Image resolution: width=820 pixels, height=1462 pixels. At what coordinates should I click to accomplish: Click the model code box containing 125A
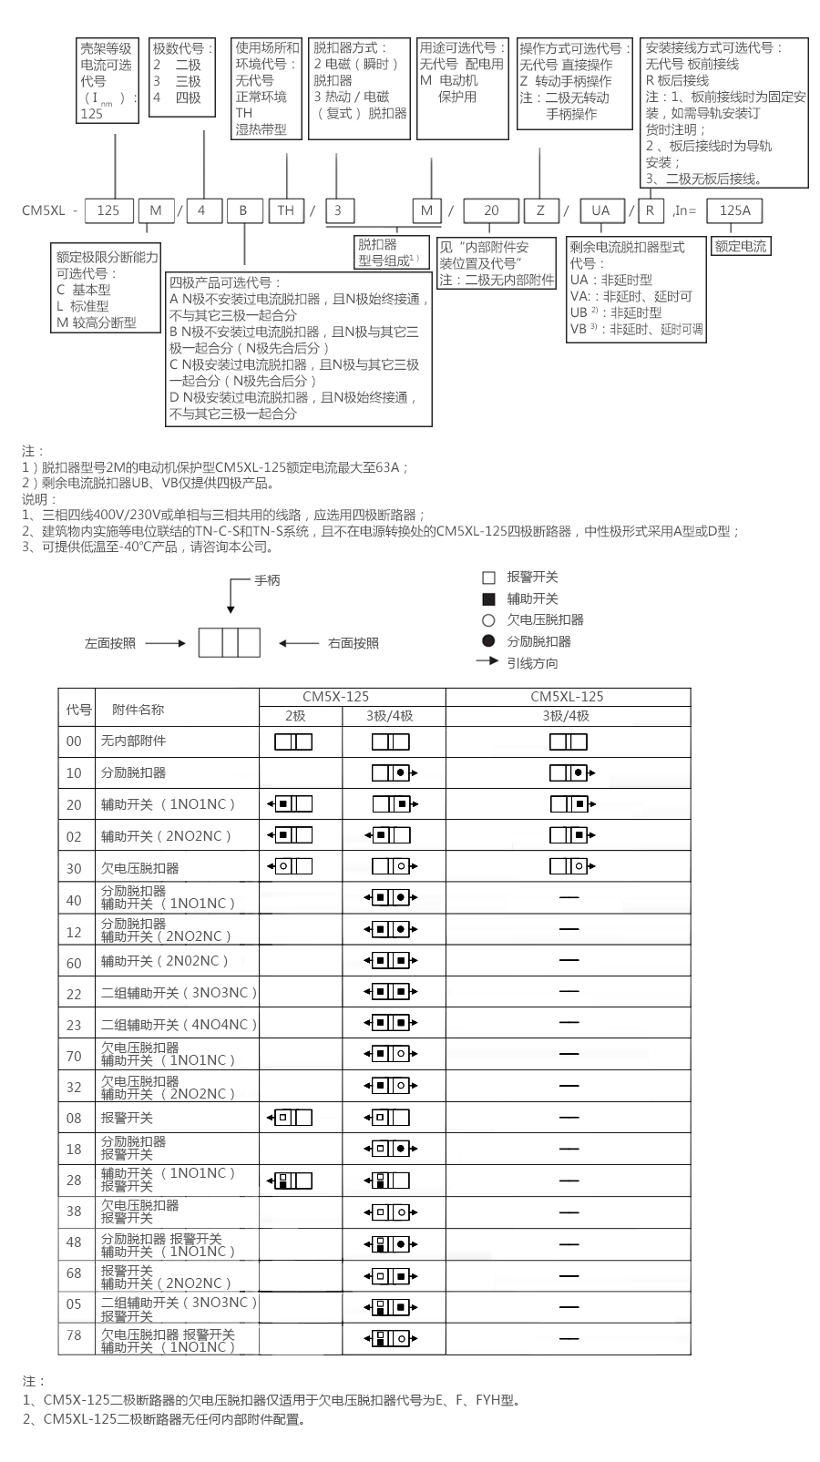(x=734, y=210)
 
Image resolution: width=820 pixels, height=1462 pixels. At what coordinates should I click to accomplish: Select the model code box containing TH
(x=286, y=210)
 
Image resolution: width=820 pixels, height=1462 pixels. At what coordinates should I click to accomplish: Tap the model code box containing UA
(x=600, y=210)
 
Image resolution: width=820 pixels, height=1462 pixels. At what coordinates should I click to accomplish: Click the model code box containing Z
(x=540, y=210)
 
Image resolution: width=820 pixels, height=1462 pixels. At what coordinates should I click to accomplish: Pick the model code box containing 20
(x=491, y=210)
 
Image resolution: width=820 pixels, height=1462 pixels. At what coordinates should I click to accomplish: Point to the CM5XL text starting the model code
(x=44, y=210)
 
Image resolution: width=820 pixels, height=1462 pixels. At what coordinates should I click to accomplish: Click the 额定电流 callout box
(x=740, y=246)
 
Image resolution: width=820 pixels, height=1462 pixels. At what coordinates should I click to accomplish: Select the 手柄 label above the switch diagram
(x=267, y=580)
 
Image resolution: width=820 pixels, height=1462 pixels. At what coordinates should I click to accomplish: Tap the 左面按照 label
(x=110, y=643)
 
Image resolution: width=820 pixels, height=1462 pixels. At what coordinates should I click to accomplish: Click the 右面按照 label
(x=353, y=643)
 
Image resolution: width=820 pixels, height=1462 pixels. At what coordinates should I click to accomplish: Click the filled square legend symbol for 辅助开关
(x=488, y=599)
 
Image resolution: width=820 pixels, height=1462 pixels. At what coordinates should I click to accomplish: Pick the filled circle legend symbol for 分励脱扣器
(x=488, y=641)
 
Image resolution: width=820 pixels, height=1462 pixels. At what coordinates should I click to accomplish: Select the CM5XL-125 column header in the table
(x=567, y=697)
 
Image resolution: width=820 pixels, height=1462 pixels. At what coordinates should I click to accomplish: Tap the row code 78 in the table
(x=74, y=1335)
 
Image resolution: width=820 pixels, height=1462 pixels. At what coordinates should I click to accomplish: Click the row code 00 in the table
(x=74, y=741)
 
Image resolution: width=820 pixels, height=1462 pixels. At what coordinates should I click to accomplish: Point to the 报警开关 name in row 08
(x=127, y=1118)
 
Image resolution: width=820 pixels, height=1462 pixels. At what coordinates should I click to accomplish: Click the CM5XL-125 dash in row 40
(x=569, y=898)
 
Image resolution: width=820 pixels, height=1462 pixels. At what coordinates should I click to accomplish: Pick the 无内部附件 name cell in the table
(x=133, y=741)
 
